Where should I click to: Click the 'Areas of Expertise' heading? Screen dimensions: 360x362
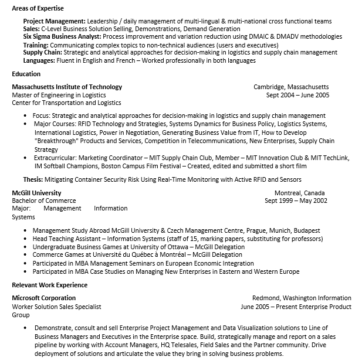point(38,8)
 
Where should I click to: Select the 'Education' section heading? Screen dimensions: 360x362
point(26,74)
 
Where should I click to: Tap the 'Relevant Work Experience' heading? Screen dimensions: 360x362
point(50,285)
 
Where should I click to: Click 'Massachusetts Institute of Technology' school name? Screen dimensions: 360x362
point(67,87)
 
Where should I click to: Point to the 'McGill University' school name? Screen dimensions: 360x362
point(36,193)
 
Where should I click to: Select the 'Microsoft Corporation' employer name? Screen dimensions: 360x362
point(44,298)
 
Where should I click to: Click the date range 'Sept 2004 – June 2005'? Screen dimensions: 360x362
point(297,95)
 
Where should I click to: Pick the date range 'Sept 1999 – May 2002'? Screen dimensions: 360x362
point(296,201)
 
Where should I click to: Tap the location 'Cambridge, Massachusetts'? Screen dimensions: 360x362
point(291,87)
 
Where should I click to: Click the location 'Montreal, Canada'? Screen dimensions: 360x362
point(299,193)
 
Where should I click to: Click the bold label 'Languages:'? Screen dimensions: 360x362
point(39,60)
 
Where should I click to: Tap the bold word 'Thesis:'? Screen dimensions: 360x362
point(33,179)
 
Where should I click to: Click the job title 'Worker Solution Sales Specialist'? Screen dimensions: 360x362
point(57,306)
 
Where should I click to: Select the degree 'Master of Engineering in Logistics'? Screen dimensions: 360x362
point(59,95)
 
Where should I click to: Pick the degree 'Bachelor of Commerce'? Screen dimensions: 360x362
point(44,201)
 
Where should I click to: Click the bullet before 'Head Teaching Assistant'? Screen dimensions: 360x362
point(25,239)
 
